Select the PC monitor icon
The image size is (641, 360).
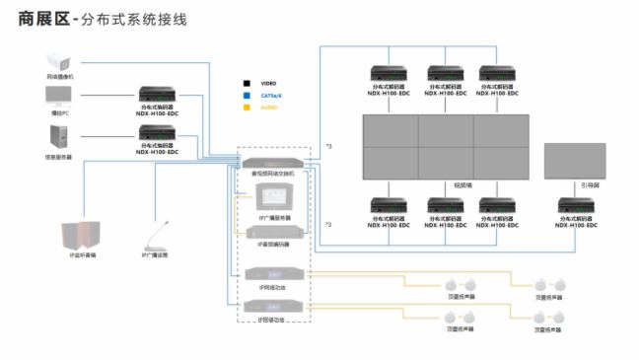tap(58, 95)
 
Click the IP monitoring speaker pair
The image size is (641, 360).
tap(78, 235)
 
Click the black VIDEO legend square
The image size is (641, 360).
tap(249, 84)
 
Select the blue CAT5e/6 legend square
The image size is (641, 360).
tap(249, 96)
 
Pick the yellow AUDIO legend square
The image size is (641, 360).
tap(249, 108)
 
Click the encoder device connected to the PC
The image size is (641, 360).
tap(158, 94)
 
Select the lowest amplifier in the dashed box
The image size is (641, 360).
tap(273, 308)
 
